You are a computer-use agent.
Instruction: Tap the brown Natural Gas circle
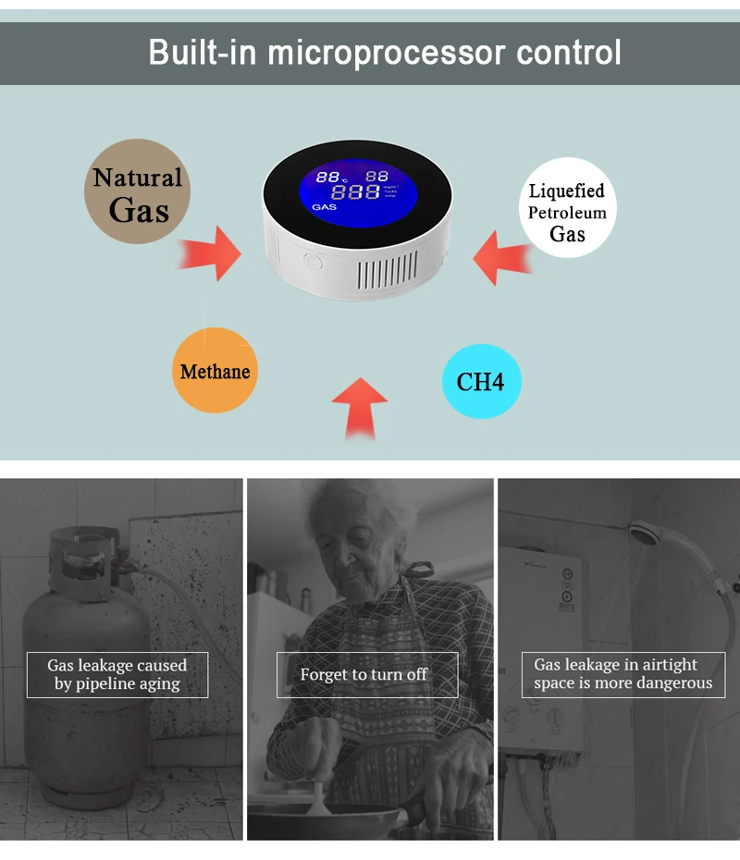pos(139,192)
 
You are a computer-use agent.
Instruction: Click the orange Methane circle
pos(215,371)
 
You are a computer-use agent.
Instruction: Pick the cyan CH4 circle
pos(481,381)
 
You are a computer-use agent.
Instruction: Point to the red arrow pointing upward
pos(360,407)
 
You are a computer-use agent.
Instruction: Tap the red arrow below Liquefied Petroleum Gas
pos(506,256)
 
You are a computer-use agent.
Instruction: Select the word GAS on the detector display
pos(325,207)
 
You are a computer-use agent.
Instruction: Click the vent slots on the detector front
pos(388,274)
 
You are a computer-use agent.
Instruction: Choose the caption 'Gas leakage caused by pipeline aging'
pos(117,675)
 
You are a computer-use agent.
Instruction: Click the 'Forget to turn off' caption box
pos(366,675)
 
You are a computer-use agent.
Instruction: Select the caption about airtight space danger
pos(623,675)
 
